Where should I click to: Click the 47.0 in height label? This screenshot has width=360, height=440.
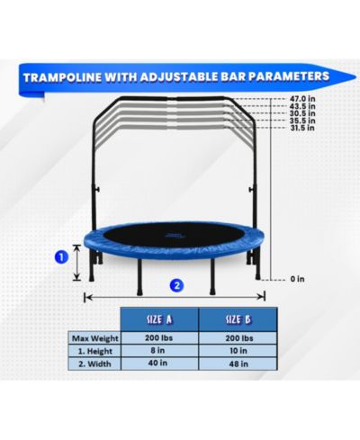[302, 98]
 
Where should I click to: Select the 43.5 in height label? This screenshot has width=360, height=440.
[302, 106]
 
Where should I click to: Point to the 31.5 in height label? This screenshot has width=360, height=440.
[302, 128]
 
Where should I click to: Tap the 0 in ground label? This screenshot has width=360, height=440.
[297, 279]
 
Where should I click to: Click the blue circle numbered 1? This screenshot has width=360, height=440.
[61, 256]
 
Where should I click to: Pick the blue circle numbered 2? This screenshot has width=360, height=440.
[177, 285]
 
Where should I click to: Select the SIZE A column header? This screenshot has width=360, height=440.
[159, 319]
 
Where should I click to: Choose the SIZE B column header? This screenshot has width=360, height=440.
[238, 319]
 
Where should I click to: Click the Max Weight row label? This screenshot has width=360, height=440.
[95, 338]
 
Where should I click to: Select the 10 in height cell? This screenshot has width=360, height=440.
[238, 351]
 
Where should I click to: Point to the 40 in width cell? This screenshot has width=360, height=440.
[157, 363]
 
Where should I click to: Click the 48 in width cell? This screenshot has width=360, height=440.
[238, 364]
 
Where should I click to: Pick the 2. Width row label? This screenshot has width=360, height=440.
[94, 364]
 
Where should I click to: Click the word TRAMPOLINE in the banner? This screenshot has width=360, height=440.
[62, 77]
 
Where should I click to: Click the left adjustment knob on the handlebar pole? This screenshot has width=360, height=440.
[97, 190]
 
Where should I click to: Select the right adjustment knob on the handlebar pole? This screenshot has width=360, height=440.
[251, 190]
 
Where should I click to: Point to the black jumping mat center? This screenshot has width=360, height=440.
[173, 234]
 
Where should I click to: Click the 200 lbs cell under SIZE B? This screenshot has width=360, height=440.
[239, 338]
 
